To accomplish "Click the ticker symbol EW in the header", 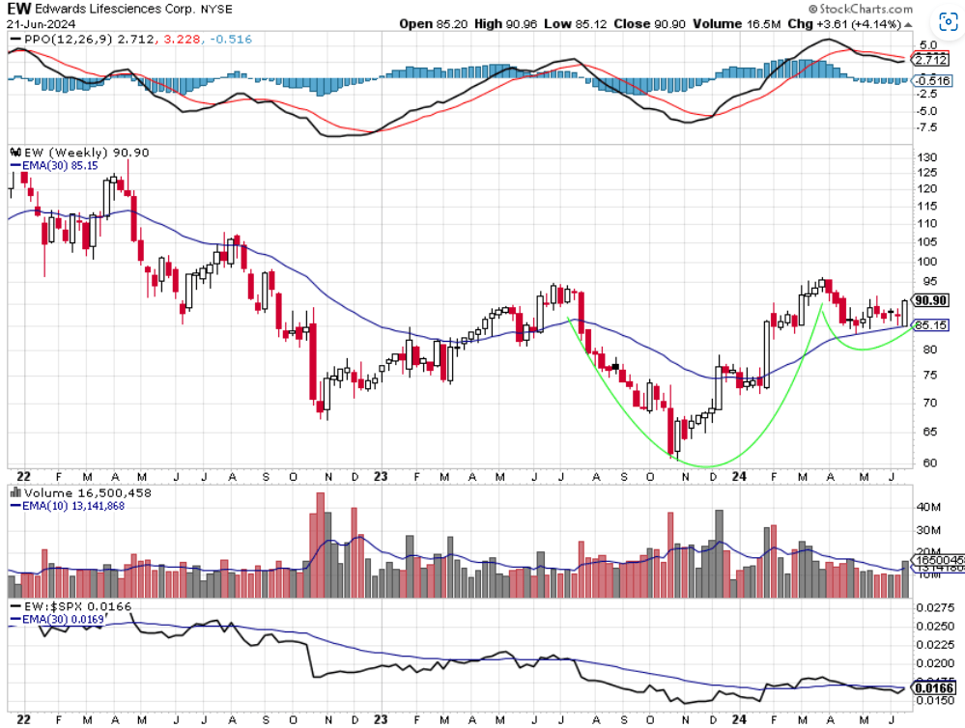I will point(19,9).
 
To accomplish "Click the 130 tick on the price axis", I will point(926,156).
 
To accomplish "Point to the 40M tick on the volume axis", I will point(928,505).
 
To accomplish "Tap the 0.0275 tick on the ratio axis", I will point(934,607).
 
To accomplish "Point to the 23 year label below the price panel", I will point(381,475).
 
